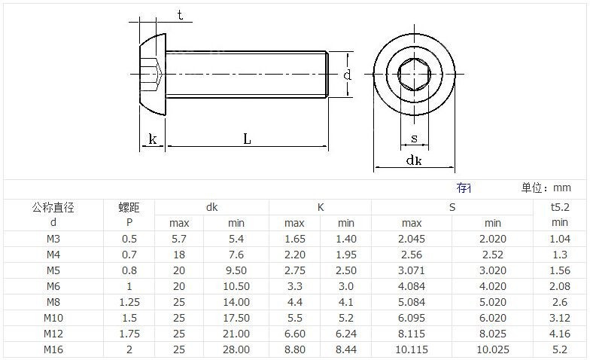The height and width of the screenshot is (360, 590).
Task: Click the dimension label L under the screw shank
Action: click(x=247, y=139)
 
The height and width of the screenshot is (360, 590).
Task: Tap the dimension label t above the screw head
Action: click(x=181, y=15)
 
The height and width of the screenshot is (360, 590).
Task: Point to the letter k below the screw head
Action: click(x=152, y=139)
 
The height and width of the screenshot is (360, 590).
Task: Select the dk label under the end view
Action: click(x=414, y=160)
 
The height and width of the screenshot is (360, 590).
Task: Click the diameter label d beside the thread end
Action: click(x=347, y=75)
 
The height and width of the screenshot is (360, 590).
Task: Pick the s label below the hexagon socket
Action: click(x=414, y=139)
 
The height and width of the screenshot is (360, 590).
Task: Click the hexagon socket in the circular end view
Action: click(x=414, y=74)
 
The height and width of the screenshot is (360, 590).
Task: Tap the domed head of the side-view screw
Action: click(x=153, y=74)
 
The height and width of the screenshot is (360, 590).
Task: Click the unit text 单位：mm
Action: click(x=546, y=188)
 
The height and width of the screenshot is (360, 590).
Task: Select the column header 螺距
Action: click(x=129, y=207)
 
